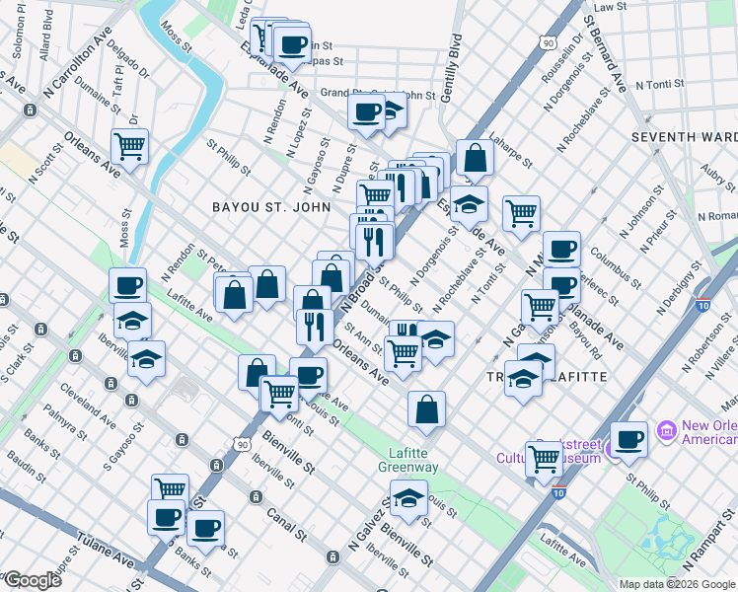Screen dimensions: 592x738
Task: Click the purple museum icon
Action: coord(668,430)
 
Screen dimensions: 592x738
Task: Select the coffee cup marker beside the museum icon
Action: coord(628,439)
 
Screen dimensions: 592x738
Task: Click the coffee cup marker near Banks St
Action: coord(205,528)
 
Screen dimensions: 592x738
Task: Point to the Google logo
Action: coord(34,580)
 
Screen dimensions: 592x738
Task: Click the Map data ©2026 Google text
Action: coord(676,584)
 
